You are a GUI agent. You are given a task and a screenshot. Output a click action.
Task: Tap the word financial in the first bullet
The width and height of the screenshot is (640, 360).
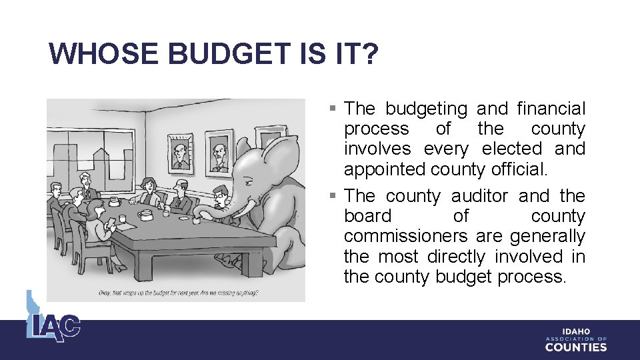point(551,109)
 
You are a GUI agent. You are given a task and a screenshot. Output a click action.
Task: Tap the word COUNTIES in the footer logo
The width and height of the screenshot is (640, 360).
point(575,347)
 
